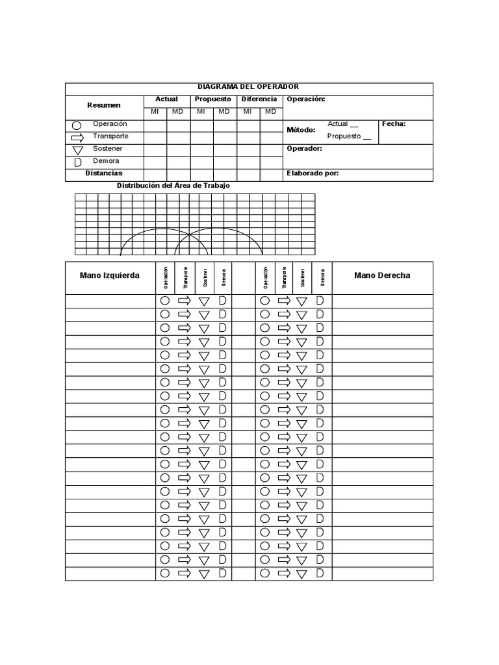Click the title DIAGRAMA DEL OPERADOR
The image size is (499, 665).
point(248,87)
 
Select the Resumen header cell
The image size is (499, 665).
point(104,105)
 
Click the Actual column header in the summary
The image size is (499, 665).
point(166,99)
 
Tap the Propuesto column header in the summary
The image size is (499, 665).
point(212,99)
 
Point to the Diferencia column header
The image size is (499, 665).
point(259,99)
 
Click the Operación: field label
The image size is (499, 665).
point(306,99)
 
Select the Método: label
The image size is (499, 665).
point(301,130)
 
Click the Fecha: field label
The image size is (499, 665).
point(394,123)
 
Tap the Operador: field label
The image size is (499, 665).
point(304,149)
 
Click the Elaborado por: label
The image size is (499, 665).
point(313,173)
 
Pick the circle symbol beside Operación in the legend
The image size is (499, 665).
point(77,125)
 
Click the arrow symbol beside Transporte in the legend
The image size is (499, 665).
point(77,138)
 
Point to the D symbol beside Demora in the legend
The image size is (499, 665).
point(77,162)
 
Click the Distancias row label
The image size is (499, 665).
point(104,173)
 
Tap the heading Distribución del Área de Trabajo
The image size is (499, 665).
point(173,186)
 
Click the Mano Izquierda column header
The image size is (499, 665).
point(109,275)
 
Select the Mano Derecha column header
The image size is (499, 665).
point(382,275)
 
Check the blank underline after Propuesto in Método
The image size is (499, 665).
point(367,138)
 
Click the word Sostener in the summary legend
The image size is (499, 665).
point(107,149)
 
